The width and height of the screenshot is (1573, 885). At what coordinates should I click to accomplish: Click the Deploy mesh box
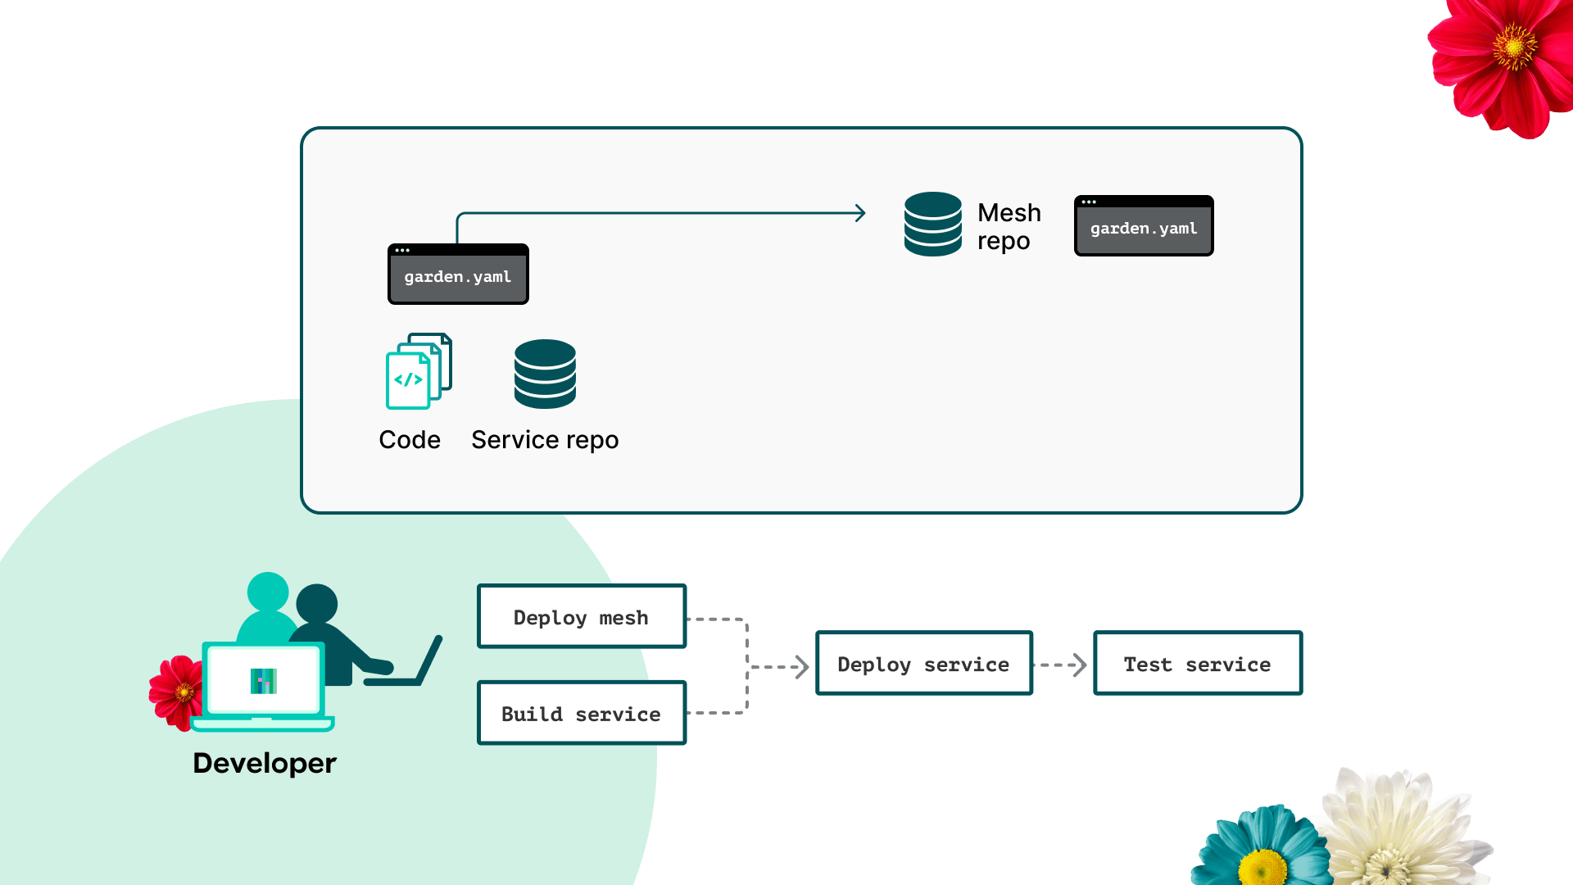coord(582,616)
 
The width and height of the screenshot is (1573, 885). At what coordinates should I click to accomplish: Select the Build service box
coord(582,713)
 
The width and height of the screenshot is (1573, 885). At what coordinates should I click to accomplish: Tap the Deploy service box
coord(924,663)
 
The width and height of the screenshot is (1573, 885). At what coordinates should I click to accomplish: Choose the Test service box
coord(1198,663)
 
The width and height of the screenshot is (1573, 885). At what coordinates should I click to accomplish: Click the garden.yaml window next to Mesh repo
coord(1144,225)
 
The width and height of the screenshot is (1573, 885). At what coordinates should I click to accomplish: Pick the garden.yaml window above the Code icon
coord(458,274)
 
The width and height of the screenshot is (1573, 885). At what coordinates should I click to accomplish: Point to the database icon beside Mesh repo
coord(933,224)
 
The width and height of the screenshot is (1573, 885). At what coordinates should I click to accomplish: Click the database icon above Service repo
coord(545,374)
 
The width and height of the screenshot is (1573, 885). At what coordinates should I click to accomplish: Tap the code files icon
coord(419,371)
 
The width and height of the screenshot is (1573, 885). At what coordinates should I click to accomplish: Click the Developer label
coord(265,763)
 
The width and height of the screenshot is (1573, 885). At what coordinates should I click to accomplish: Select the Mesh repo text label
coord(1009,226)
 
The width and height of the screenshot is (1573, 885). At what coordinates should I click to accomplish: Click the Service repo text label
coord(545,440)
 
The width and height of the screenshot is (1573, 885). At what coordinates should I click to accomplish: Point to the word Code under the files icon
coord(410,440)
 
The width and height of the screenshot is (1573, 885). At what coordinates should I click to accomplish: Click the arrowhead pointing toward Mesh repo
coord(860,213)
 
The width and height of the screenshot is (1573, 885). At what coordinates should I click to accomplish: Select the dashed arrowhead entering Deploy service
coord(803,666)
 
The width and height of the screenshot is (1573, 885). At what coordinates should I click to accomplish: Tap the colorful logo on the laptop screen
coord(264,681)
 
